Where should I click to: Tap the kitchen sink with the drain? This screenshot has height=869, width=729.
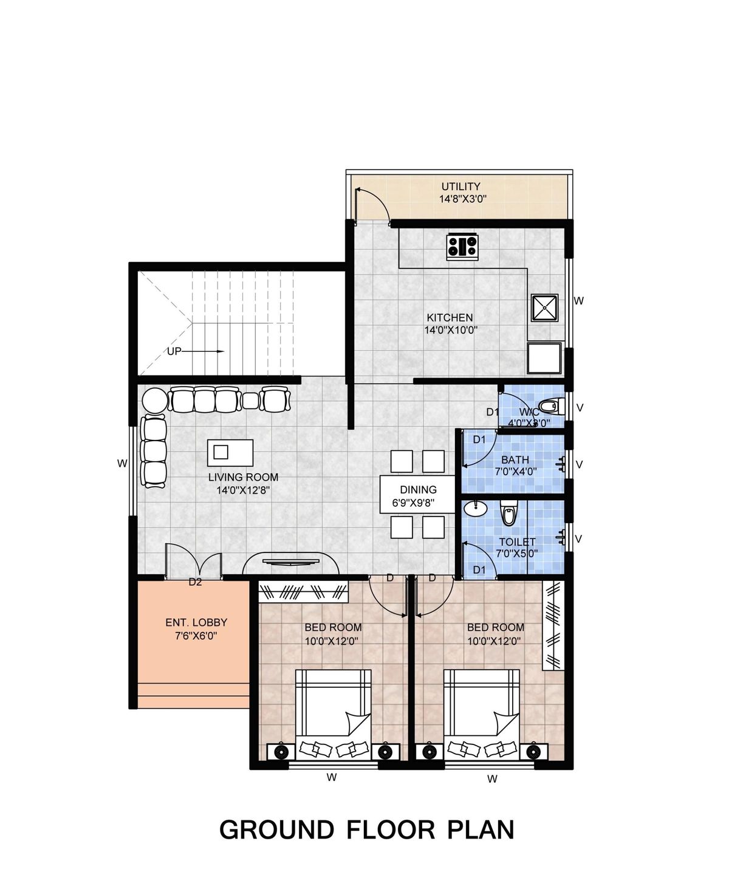(544, 307)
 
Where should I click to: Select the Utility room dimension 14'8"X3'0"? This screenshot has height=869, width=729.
(463, 199)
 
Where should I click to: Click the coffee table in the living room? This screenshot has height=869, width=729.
(230, 452)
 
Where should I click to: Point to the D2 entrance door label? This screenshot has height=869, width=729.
(194, 582)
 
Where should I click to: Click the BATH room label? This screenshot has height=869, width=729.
(515, 460)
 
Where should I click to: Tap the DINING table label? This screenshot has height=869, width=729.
(418, 490)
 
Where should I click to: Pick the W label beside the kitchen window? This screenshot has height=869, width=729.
(578, 301)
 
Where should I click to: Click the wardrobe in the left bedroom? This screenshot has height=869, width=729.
(303, 591)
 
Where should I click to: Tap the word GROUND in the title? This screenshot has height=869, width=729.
(276, 829)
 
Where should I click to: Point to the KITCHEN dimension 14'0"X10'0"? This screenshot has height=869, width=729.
(451, 331)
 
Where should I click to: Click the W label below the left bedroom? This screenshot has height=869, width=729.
(331, 777)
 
